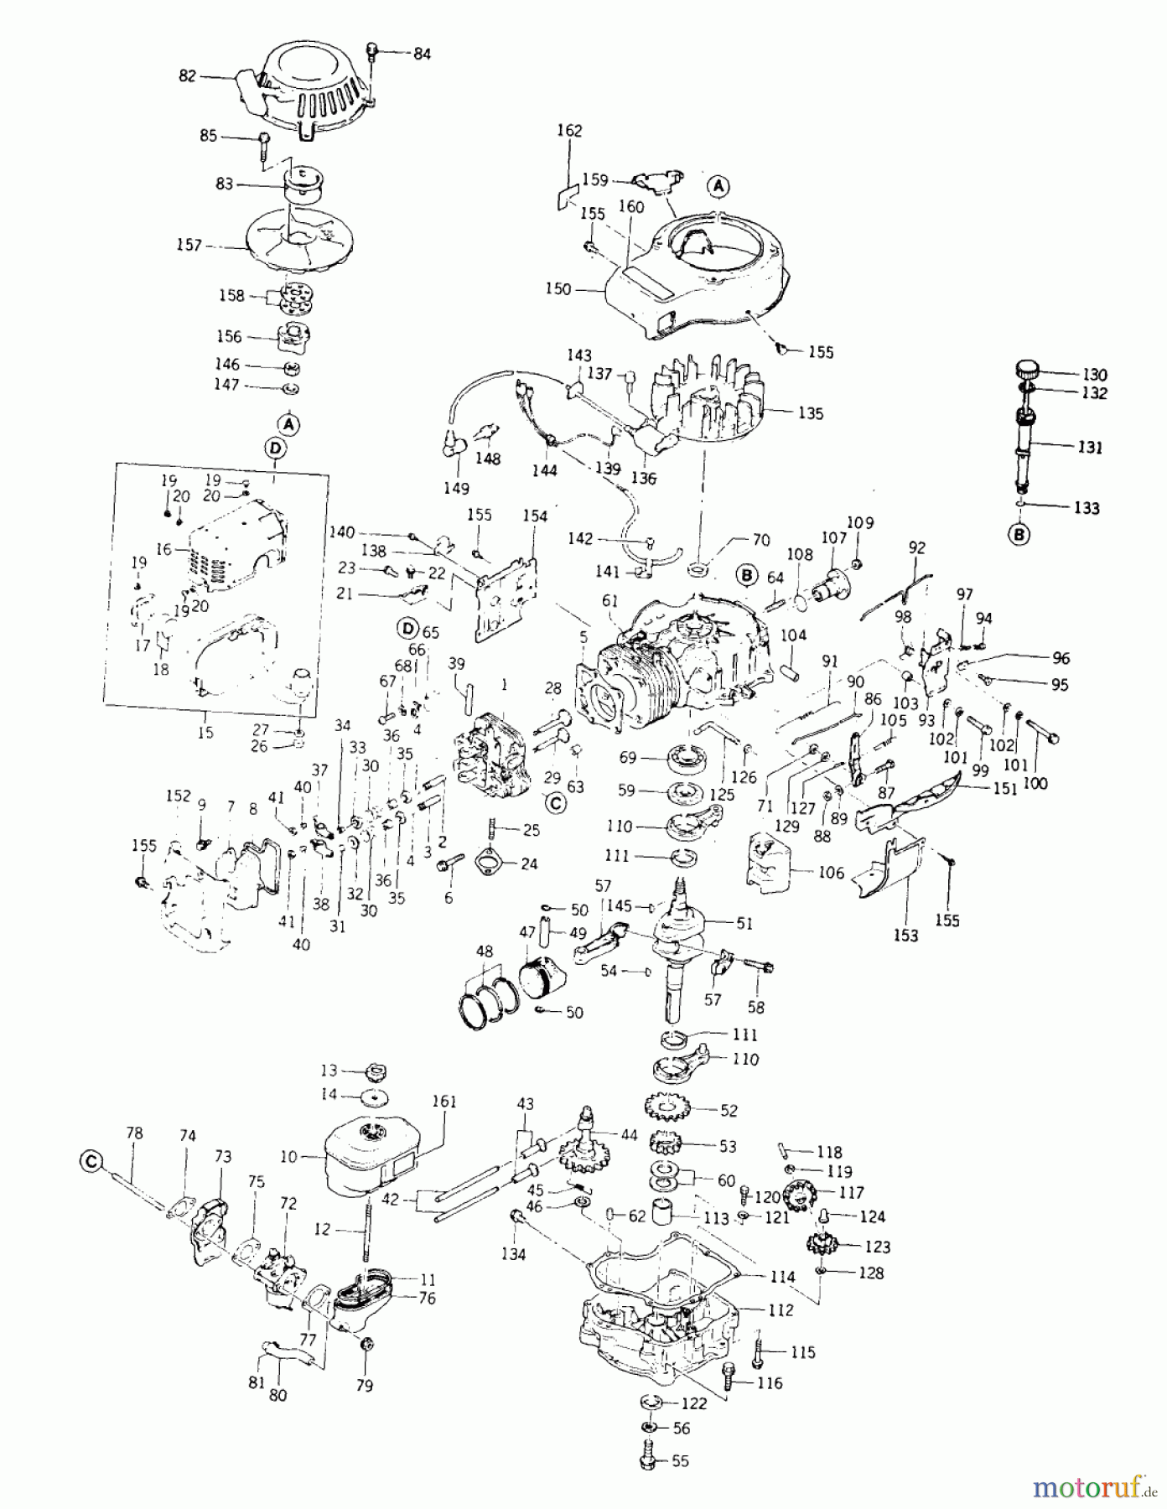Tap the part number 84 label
[422, 54]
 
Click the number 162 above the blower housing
[569, 131]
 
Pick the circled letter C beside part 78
[91, 1161]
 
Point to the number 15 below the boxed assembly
[205, 732]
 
